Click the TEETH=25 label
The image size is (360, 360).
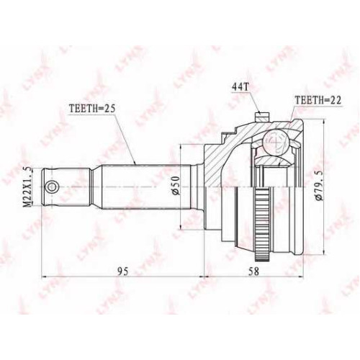92,109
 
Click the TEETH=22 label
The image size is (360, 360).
318,100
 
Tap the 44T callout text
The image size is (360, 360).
240,88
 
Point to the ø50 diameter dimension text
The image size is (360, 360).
176,185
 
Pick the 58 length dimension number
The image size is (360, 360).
253,271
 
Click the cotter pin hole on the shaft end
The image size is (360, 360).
52,186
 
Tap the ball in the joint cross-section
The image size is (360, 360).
275,142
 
